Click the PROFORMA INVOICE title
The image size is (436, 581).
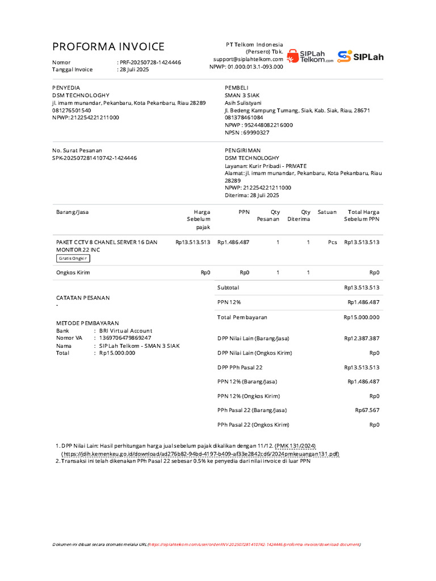coord(108,47)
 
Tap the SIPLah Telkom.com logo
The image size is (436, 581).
coord(310,56)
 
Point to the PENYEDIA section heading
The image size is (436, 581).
coord(66,88)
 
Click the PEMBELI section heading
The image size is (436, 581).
coord(237,88)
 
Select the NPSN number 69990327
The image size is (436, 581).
coord(256,133)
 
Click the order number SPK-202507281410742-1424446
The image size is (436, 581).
coord(94,158)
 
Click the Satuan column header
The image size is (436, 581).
coord(327,212)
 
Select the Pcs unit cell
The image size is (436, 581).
coord(332,242)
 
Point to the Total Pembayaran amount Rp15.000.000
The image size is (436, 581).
coord(361,317)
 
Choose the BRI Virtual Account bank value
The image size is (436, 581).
coord(125,331)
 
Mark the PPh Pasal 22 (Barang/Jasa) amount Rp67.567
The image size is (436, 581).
coord(367,410)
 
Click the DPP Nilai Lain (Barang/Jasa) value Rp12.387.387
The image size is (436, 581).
coord(361,338)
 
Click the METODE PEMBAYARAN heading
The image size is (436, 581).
coord(87,323)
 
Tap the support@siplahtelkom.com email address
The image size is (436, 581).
coord(248,59)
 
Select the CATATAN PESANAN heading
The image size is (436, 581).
coord(82,298)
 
